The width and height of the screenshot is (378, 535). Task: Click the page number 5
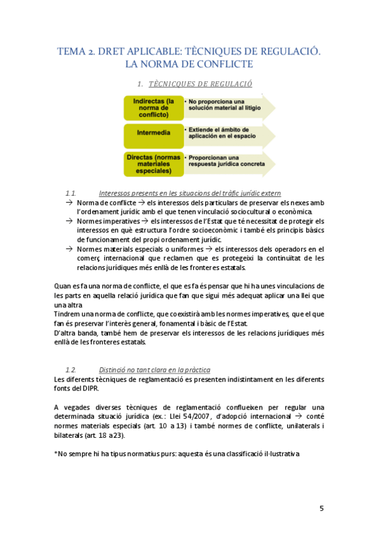tap(321, 509)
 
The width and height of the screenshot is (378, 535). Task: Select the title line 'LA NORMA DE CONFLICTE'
tap(189, 64)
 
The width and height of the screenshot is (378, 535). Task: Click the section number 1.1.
tap(71, 192)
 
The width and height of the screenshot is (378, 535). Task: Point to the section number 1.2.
tap(71, 369)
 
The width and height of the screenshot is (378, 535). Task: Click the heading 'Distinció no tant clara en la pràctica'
tap(155, 369)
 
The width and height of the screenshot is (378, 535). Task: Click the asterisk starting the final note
tap(57, 454)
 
